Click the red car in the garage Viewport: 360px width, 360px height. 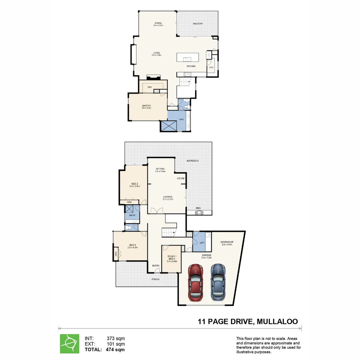[x=195, y=282]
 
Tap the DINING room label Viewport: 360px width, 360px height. [x=158, y=23]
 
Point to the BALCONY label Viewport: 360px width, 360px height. [x=198, y=24]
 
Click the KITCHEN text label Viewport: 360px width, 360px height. [x=191, y=66]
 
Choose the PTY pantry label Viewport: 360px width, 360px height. [x=211, y=68]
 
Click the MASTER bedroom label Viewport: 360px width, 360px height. [x=146, y=106]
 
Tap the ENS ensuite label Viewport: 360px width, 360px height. [x=182, y=119]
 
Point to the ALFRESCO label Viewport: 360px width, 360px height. [x=192, y=161]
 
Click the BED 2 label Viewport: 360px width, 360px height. [x=135, y=184]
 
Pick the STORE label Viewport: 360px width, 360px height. [x=181, y=178]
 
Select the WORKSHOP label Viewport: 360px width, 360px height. [x=227, y=242]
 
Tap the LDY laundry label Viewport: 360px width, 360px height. [x=202, y=243]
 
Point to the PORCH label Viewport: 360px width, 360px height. [x=155, y=279]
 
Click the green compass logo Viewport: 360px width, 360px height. [x=70, y=344]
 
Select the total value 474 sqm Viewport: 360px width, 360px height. [x=115, y=350]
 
